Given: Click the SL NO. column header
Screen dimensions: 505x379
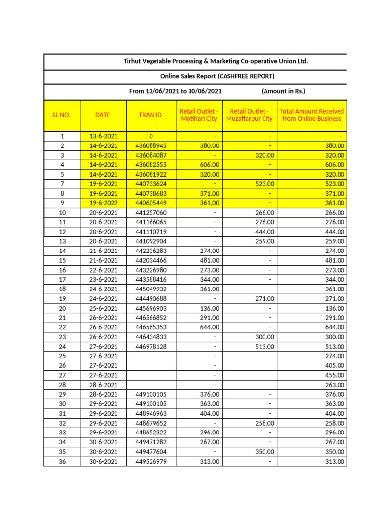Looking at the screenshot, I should (62, 115).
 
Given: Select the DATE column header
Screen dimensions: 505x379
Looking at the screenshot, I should (103, 115).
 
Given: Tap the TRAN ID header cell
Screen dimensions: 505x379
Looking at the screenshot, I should (151, 115).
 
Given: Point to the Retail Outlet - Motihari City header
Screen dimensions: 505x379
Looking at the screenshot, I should (199, 115).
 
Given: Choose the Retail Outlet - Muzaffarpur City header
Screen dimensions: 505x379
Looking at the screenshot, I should (250, 115).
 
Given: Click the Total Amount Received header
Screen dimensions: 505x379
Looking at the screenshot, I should (312, 115).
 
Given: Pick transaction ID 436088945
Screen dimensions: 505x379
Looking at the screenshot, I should (151, 146).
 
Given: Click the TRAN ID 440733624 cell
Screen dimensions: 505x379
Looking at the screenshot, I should (151, 184).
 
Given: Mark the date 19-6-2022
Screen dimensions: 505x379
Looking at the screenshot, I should (103, 203).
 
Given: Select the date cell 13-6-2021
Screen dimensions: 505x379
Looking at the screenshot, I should (103, 136).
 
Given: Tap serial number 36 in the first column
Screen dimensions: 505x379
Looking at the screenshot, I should (62, 462).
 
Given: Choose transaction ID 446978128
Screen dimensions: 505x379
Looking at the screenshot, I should (151, 347).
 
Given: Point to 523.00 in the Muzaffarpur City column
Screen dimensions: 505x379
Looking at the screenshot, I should (264, 184).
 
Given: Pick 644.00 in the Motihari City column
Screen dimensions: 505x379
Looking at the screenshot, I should (209, 327).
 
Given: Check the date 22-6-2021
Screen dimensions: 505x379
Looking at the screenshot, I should (103, 270).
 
